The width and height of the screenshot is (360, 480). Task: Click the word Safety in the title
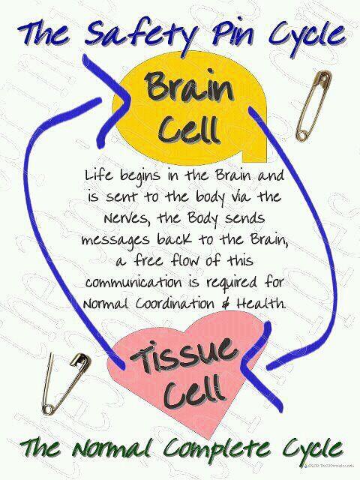coord(132,34)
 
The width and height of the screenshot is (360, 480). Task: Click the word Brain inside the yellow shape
coord(189,86)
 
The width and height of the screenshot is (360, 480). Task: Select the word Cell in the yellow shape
coord(188,130)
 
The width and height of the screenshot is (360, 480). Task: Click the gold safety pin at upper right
coord(313,105)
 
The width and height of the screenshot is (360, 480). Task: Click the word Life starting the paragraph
coord(98,176)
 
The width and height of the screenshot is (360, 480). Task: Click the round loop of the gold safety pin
coord(302,135)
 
